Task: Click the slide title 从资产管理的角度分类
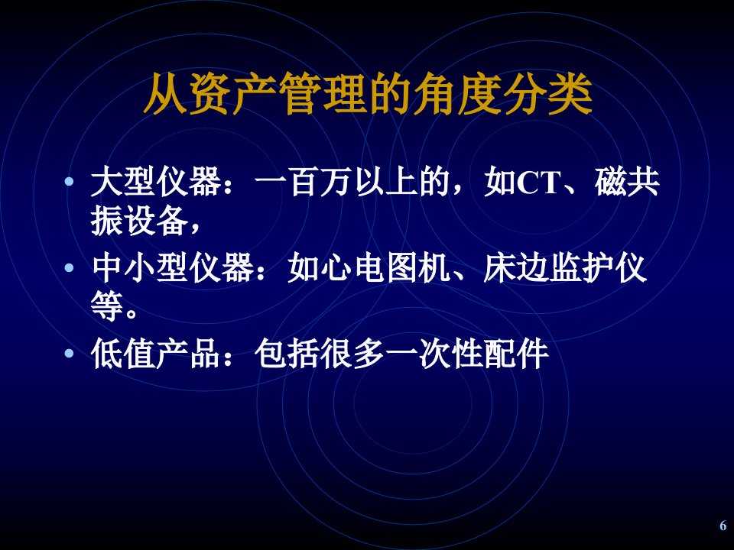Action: (x=368, y=94)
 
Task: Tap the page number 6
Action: (x=723, y=526)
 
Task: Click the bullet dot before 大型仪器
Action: (x=70, y=181)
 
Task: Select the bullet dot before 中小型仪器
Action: (x=70, y=268)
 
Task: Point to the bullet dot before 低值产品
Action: (x=70, y=353)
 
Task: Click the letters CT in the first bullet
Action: (x=538, y=183)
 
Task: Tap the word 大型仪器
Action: (x=156, y=182)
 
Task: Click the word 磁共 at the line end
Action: (x=627, y=182)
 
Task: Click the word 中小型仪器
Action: (x=173, y=268)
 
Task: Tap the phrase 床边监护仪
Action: (x=564, y=268)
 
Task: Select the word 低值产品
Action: (x=156, y=353)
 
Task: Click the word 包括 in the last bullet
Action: (x=287, y=353)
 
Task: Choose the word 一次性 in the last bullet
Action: (x=434, y=353)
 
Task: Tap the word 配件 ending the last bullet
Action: (x=516, y=353)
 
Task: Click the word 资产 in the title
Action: (x=210, y=94)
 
